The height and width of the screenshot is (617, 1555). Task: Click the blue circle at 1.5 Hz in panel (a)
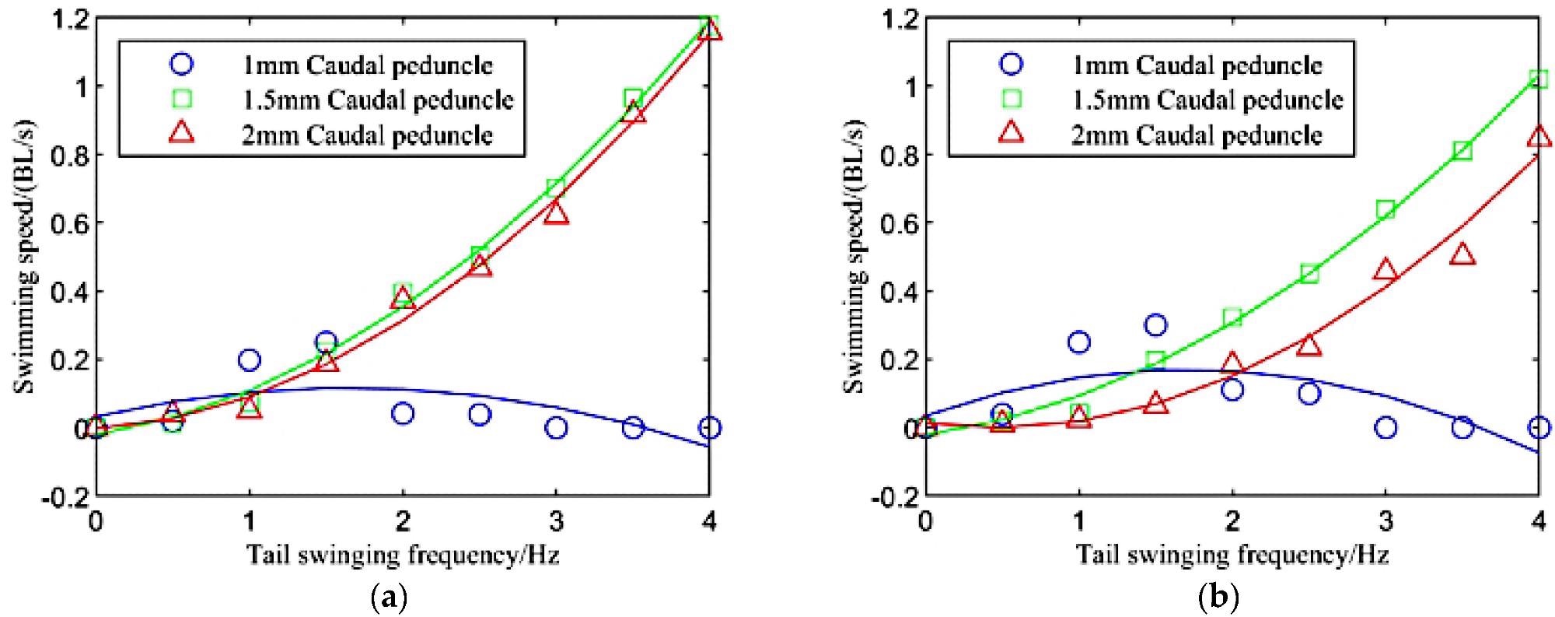pyautogui.click(x=326, y=342)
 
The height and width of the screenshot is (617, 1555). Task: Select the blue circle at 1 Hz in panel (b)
pyautogui.click(x=1078, y=342)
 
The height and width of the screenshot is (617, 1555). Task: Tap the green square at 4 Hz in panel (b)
pyautogui.click(x=1538, y=79)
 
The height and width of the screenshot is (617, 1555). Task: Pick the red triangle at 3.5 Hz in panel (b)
pyautogui.click(x=1462, y=254)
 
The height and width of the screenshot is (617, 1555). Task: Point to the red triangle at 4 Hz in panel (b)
pyautogui.click(x=1538, y=137)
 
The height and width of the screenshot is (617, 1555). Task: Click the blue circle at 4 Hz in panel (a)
pyautogui.click(x=708, y=427)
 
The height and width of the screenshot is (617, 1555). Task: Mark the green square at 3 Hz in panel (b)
pyautogui.click(x=1385, y=209)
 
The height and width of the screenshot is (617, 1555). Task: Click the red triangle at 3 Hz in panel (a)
pyautogui.click(x=556, y=213)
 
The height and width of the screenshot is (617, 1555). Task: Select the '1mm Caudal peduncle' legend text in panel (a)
pyautogui.click(x=367, y=65)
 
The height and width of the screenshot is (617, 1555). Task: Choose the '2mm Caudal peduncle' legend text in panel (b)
pyautogui.click(x=1197, y=135)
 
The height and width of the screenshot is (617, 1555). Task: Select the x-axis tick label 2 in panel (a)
pyautogui.click(x=402, y=519)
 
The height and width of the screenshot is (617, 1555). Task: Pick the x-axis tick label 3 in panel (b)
pyautogui.click(x=1385, y=519)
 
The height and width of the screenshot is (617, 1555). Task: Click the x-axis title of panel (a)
pyautogui.click(x=402, y=554)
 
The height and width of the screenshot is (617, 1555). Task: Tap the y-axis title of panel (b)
pyautogui.click(x=856, y=257)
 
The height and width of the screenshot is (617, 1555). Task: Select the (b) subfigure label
pyautogui.click(x=1218, y=598)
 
